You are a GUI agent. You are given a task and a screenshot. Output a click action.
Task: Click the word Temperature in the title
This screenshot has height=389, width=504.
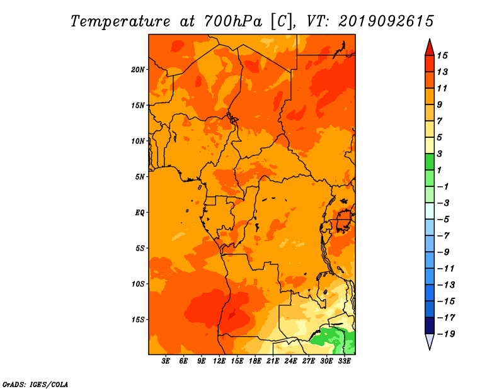(120, 21)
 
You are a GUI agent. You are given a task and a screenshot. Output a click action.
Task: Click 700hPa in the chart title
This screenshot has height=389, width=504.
(233, 21)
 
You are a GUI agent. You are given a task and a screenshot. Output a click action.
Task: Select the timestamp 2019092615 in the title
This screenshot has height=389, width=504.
(386, 21)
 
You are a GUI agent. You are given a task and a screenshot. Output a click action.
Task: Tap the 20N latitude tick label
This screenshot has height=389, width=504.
(138, 69)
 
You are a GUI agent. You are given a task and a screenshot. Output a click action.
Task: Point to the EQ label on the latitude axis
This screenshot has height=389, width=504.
(140, 213)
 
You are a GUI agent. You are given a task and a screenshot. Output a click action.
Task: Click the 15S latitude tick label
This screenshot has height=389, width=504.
(138, 320)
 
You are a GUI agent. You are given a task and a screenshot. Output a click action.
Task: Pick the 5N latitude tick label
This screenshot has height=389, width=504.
(140, 177)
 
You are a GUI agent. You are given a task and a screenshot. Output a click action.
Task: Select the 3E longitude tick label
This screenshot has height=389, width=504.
(166, 361)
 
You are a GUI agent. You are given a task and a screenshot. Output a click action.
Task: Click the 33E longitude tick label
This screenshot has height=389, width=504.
(344, 361)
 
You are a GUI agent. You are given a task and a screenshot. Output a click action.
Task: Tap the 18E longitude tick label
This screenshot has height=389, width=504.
(255, 361)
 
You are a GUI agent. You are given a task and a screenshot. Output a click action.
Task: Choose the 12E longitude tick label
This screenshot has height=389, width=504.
(219, 361)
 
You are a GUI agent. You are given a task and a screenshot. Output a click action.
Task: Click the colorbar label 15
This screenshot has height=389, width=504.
(442, 55)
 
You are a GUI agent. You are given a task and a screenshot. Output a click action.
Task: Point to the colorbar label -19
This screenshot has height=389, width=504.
(446, 334)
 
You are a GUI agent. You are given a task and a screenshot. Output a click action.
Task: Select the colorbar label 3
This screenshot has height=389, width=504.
(440, 154)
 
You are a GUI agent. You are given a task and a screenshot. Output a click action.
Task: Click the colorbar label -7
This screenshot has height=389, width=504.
(444, 236)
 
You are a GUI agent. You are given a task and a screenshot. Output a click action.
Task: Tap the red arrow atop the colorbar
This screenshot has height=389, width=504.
(430, 48)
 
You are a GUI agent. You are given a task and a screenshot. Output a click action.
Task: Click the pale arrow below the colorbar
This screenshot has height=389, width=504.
(430, 342)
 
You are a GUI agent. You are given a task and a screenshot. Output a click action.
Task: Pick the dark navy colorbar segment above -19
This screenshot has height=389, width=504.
(430, 325)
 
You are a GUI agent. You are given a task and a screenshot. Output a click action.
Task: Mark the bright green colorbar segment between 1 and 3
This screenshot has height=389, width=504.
(430, 162)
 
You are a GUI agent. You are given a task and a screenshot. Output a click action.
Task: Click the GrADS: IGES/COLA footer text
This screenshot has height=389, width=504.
(35, 385)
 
